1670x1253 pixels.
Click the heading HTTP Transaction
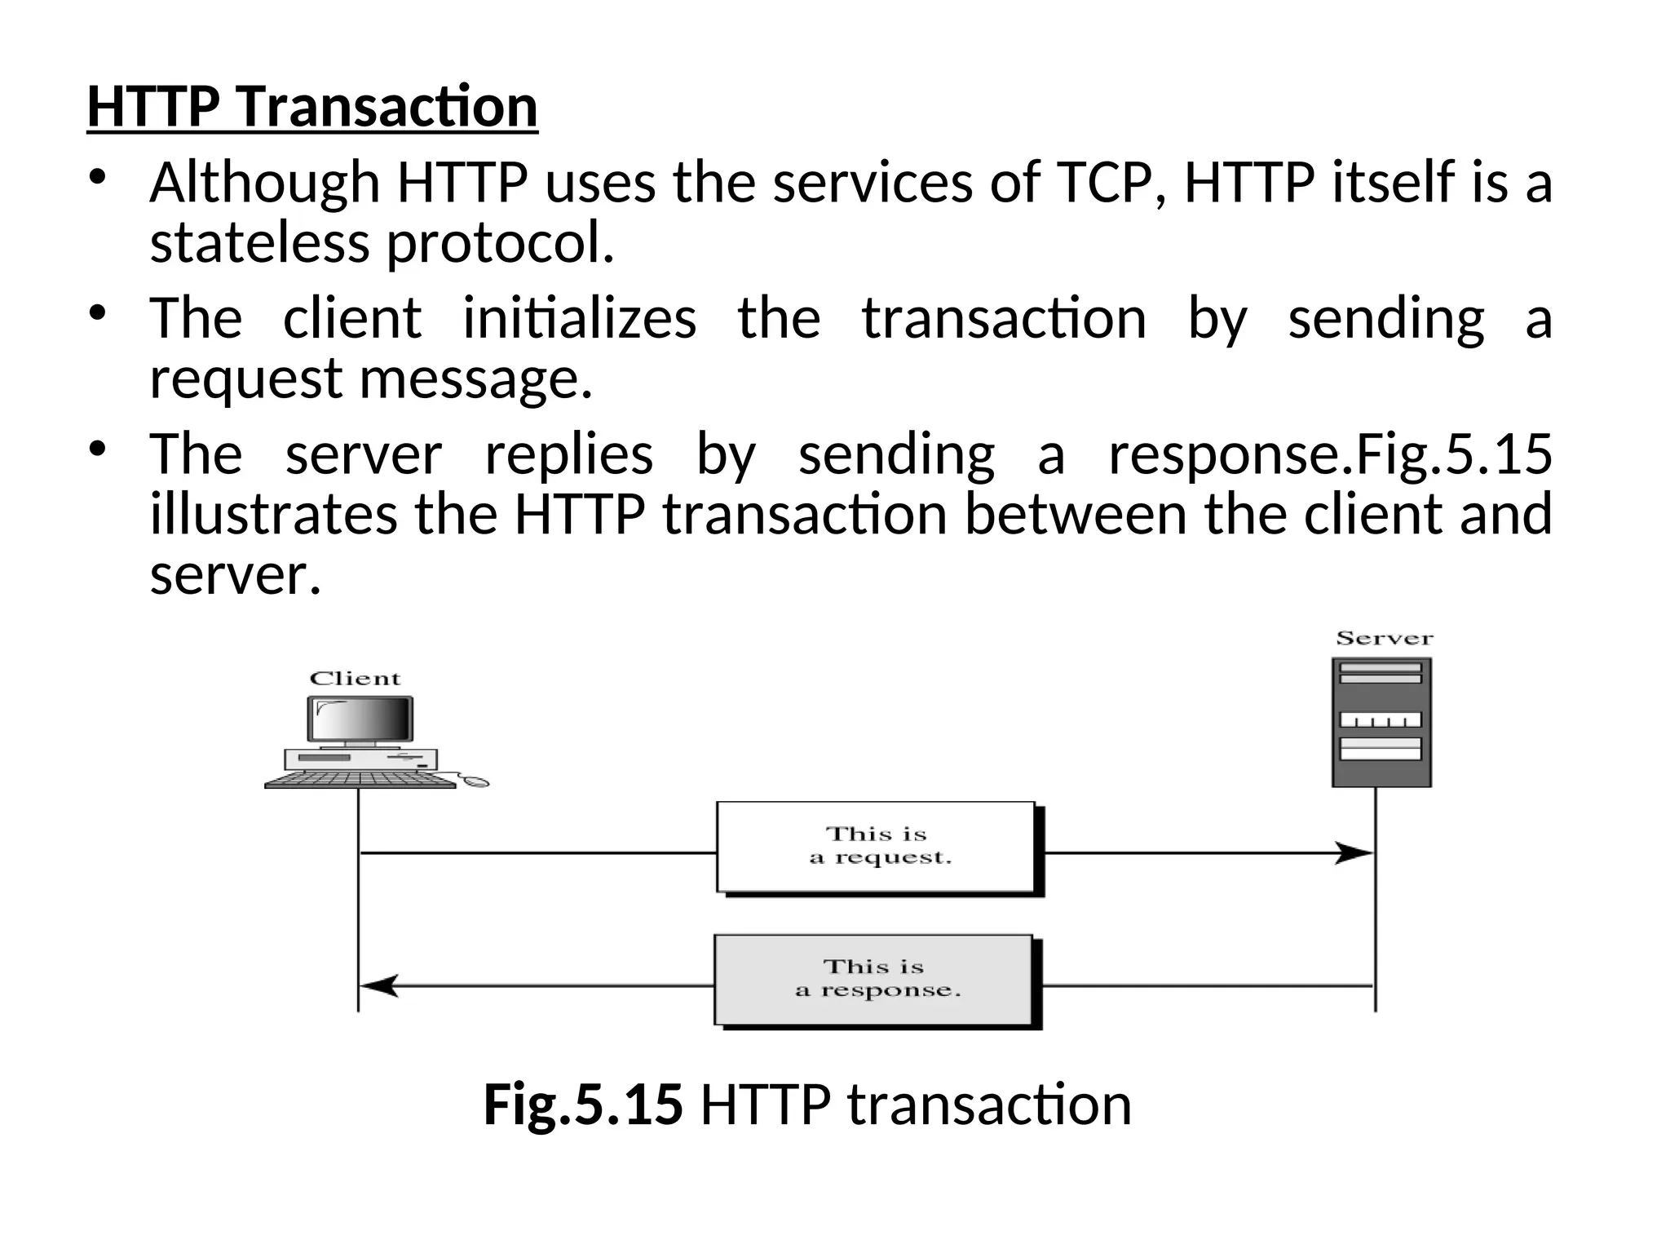(x=312, y=107)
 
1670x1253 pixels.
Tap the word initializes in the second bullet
(x=579, y=318)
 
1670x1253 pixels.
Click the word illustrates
(x=273, y=515)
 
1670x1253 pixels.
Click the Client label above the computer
(x=355, y=679)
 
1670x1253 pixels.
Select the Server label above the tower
(x=1384, y=639)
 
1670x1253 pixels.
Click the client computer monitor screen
(x=360, y=719)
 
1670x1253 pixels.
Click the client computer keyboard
(x=360, y=780)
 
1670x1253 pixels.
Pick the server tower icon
(x=1381, y=722)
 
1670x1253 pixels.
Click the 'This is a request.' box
(x=877, y=847)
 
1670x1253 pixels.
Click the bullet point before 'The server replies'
(x=98, y=449)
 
